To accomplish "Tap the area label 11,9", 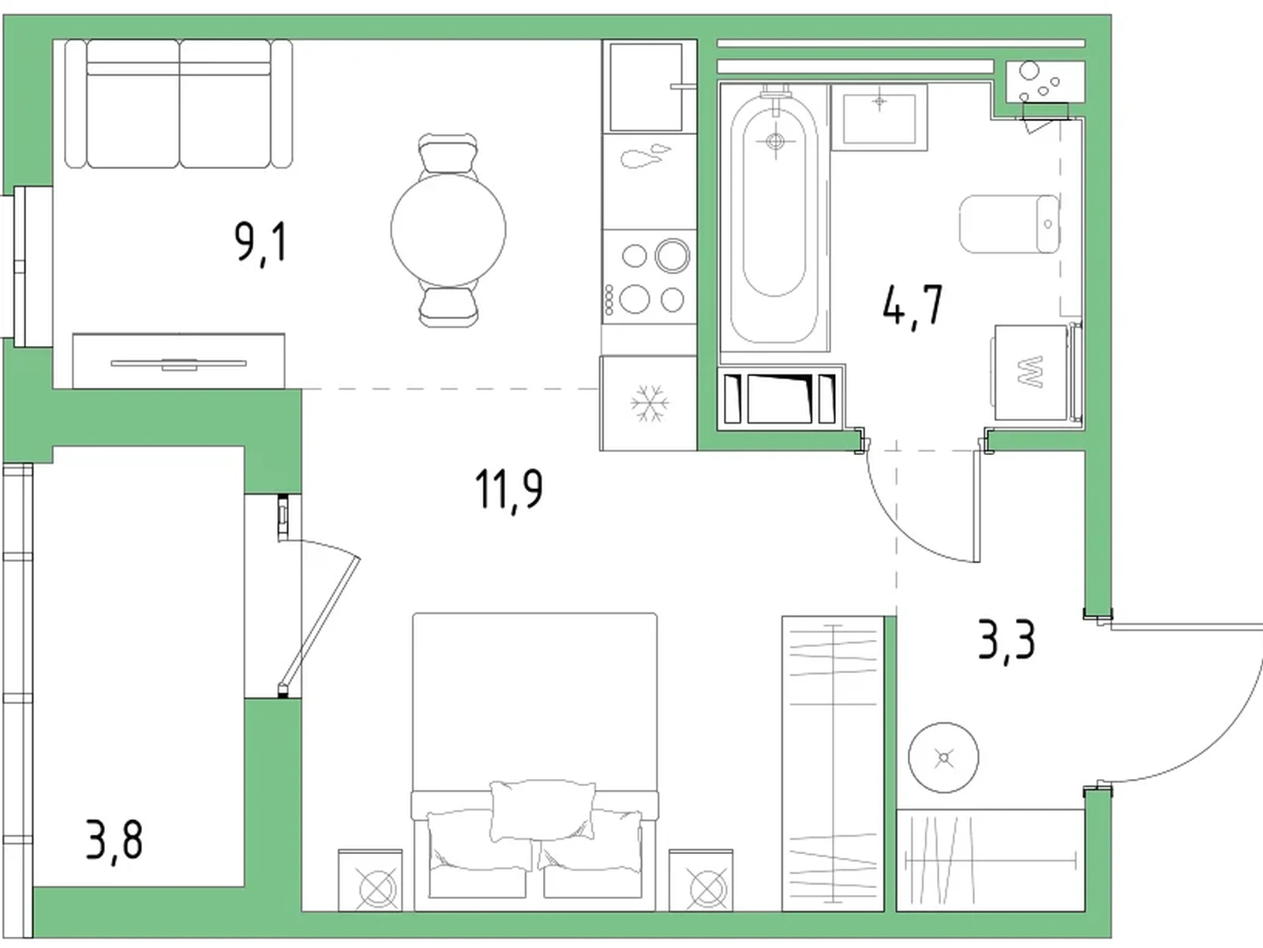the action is click(508, 489).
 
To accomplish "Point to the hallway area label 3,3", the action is click(1006, 641).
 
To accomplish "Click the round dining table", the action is click(448, 230).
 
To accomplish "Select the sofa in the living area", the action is click(178, 103).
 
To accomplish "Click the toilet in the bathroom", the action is click(1010, 224).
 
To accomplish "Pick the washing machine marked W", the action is click(1030, 372).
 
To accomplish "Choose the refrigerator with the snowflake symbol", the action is click(649, 403).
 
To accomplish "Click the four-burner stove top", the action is click(650, 276).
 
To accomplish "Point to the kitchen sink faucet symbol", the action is click(645, 156).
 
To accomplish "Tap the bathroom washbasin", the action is click(879, 118).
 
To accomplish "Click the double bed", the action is click(535, 762).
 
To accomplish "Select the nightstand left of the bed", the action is click(370, 881).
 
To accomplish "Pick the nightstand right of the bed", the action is click(701, 881).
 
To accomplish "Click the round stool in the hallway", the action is click(943, 758).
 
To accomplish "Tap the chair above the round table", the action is click(448, 152).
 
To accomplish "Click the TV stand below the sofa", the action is click(178, 361).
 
